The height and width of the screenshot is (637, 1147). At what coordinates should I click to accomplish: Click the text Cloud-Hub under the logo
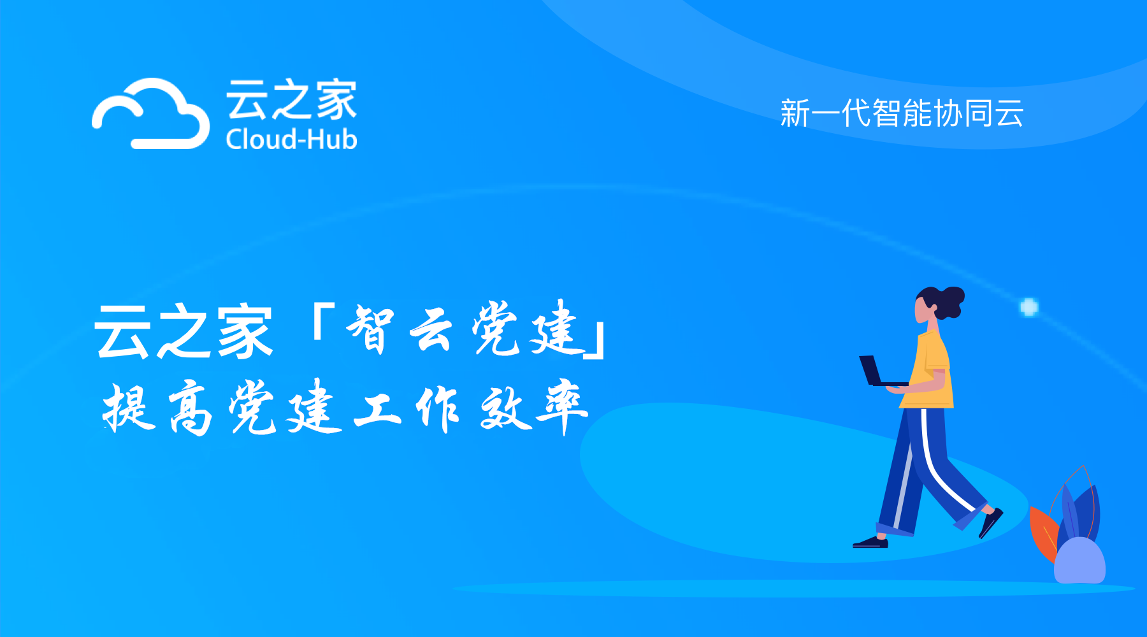(x=291, y=140)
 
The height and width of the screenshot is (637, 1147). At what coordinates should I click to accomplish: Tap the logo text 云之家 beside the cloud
(x=291, y=99)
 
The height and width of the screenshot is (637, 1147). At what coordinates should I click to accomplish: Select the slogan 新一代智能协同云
(x=902, y=113)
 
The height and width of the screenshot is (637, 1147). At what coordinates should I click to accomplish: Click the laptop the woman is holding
(x=876, y=372)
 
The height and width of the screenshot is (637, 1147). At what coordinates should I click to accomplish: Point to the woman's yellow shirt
(x=932, y=369)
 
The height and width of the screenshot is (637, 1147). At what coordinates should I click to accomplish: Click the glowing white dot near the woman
(x=1029, y=307)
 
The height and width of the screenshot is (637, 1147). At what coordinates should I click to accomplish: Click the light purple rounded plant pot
(x=1079, y=561)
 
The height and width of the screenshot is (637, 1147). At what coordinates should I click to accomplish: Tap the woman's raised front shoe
(x=991, y=522)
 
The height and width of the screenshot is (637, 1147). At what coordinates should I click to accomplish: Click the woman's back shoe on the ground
(x=870, y=543)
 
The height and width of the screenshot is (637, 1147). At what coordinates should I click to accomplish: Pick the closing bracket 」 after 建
(x=596, y=341)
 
